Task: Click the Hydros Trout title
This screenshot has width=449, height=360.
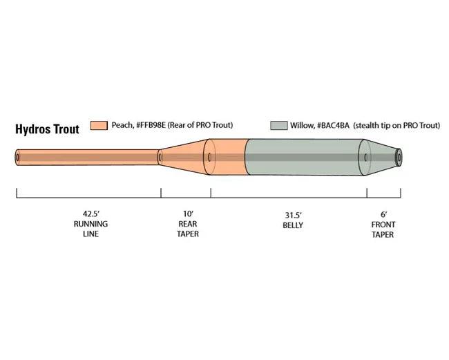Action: coord(47,129)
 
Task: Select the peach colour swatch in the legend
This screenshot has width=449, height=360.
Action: coord(99,126)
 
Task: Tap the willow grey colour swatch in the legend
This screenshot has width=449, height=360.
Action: coord(278,126)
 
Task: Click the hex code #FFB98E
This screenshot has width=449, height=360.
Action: coord(151,125)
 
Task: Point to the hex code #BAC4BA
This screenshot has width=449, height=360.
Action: coord(334,126)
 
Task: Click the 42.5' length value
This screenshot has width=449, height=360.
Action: coord(91,214)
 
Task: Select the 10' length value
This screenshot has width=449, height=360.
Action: coord(188,214)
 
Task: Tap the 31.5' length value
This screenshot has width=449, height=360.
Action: coord(293,215)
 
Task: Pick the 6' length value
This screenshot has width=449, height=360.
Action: coord(383,214)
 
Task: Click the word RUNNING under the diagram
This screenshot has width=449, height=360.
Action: coord(90,224)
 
